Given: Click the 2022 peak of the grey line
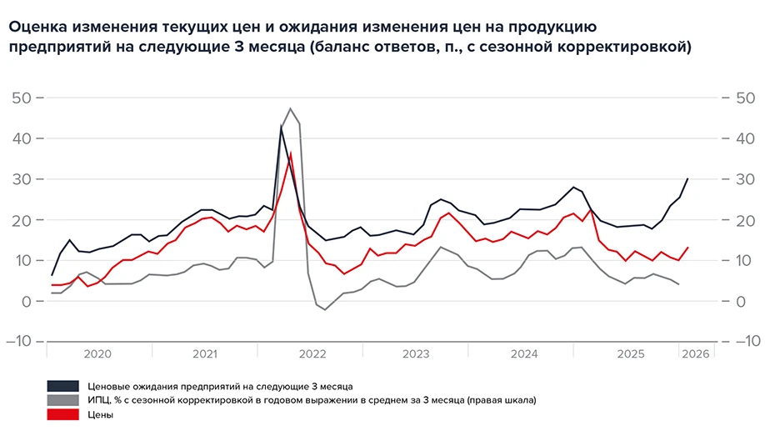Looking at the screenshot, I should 290,108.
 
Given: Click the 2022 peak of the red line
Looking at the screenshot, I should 290,153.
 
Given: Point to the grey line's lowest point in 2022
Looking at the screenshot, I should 326,310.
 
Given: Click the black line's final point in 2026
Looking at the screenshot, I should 687,178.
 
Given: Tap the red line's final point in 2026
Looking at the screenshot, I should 687,247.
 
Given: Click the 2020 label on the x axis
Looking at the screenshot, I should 97,354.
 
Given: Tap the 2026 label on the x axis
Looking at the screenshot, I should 695,354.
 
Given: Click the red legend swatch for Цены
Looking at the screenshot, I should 63,414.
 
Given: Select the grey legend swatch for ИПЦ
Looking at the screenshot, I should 63,400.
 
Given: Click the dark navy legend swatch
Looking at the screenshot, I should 63,386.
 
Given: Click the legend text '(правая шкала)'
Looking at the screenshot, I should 501,400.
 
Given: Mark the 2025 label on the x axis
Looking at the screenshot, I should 631,354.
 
